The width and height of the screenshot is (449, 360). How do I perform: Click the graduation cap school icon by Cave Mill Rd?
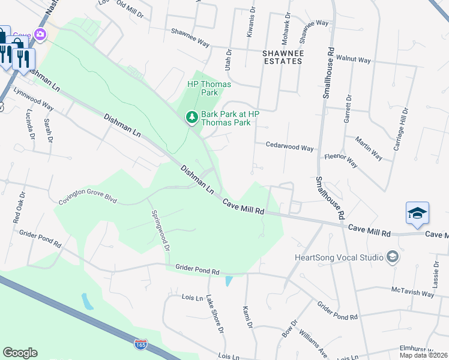point(417,213)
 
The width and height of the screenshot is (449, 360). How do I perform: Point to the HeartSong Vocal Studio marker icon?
point(393,257)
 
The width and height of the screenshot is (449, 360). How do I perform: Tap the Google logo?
point(20,353)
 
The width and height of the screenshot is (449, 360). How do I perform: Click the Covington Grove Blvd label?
point(87,198)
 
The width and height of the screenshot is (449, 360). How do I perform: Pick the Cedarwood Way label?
point(290,147)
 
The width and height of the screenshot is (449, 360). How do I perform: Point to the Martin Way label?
point(369,148)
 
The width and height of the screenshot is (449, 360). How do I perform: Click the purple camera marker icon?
point(40,34)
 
